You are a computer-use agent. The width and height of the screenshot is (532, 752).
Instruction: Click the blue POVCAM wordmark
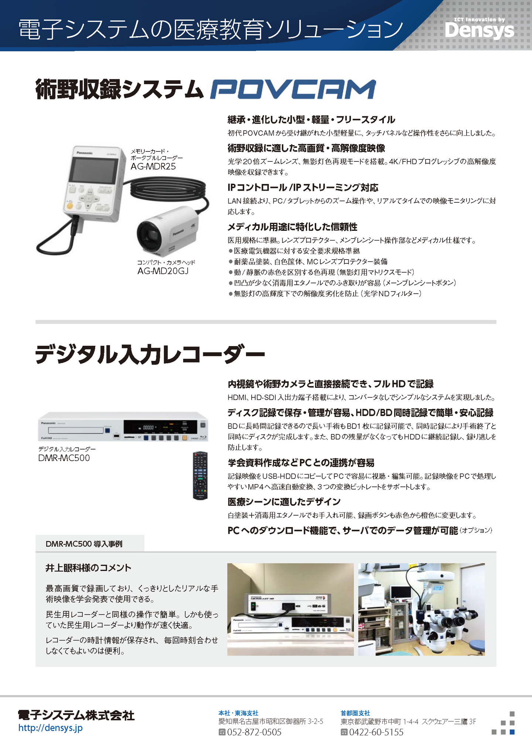293,89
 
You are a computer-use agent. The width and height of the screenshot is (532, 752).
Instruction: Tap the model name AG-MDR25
153,166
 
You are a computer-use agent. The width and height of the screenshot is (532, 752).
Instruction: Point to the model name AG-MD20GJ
163,271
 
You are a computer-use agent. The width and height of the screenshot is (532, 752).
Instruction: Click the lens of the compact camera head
151,235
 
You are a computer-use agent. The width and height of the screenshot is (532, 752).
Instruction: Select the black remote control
200,475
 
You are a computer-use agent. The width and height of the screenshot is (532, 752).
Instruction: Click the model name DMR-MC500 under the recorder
64,458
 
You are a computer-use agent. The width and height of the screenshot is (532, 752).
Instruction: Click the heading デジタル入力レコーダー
150,355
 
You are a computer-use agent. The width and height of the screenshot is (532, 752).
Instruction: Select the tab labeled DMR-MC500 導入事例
90,543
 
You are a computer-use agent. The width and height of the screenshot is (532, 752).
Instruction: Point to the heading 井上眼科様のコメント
88,568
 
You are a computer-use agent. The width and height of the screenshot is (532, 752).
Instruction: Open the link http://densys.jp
51,728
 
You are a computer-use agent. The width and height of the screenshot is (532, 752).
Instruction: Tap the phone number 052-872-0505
254,732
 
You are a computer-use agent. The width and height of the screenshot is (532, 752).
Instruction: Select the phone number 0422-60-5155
376,732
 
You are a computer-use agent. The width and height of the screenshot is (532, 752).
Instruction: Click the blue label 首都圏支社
355,713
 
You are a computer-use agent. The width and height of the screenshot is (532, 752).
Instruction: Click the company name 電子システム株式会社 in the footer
76,715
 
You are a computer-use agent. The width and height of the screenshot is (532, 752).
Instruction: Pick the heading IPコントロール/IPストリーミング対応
303,188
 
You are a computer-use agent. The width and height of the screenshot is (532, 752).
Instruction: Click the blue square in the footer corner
512,732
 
